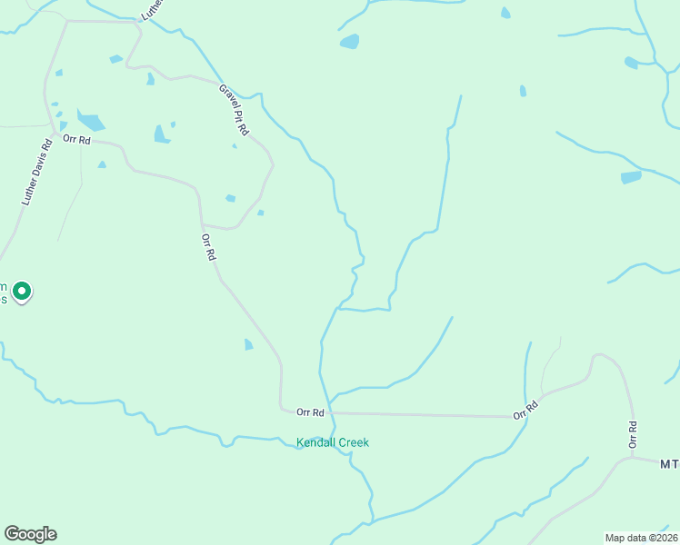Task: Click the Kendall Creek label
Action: (333, 443)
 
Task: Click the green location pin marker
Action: (22, 292)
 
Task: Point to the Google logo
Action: (30, 534)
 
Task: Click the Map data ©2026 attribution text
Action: (641, 538)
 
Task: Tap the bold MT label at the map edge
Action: (669, 464)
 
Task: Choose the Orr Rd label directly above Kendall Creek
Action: (310, 412)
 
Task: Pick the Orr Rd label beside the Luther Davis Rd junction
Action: (77, 140)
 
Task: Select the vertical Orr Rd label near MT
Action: (633, 434)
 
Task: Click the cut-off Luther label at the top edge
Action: (150, 10)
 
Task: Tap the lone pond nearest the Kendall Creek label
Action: (249, 344)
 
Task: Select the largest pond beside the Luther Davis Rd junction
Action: (91, 121)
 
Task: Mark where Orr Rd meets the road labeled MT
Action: (633, 460)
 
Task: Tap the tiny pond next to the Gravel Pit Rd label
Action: (235, 145)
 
